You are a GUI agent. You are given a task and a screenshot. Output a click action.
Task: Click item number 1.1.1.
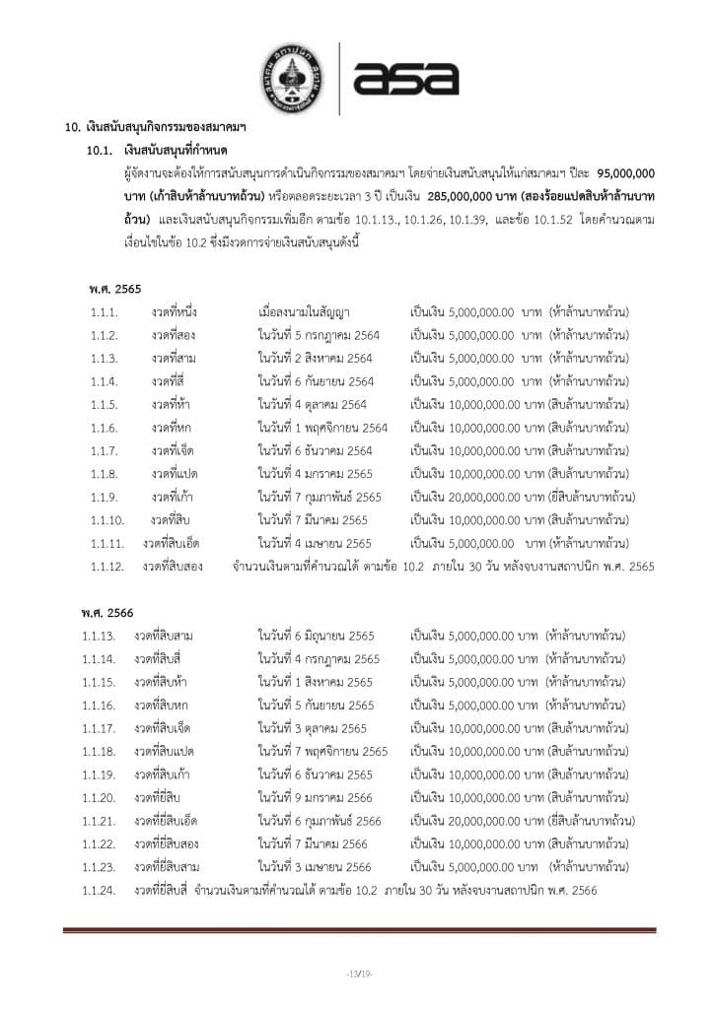click(x=104, y=313)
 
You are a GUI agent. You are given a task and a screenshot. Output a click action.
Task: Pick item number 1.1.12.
click(x=107, y=566)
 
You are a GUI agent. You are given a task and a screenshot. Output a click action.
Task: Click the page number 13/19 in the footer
click(x=358, y=975)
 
